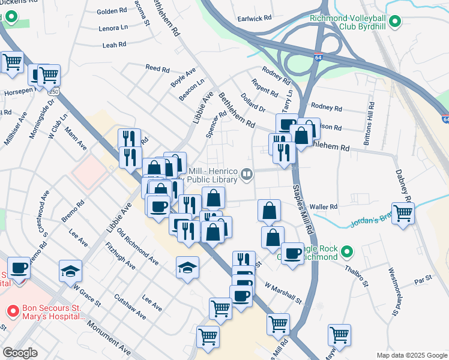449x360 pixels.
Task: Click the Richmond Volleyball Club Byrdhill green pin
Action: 394,23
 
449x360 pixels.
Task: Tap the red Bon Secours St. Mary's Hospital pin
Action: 12,311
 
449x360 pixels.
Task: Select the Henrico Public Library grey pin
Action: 246,175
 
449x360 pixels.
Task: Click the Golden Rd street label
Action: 111,11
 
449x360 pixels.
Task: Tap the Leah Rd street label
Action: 114,44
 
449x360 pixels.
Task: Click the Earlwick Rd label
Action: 255,19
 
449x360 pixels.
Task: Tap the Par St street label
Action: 423,280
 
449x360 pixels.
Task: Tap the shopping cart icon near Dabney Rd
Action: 403,213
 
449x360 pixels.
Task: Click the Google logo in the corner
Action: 20,353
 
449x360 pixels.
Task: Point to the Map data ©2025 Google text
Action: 411,355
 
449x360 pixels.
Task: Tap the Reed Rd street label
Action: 157,69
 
